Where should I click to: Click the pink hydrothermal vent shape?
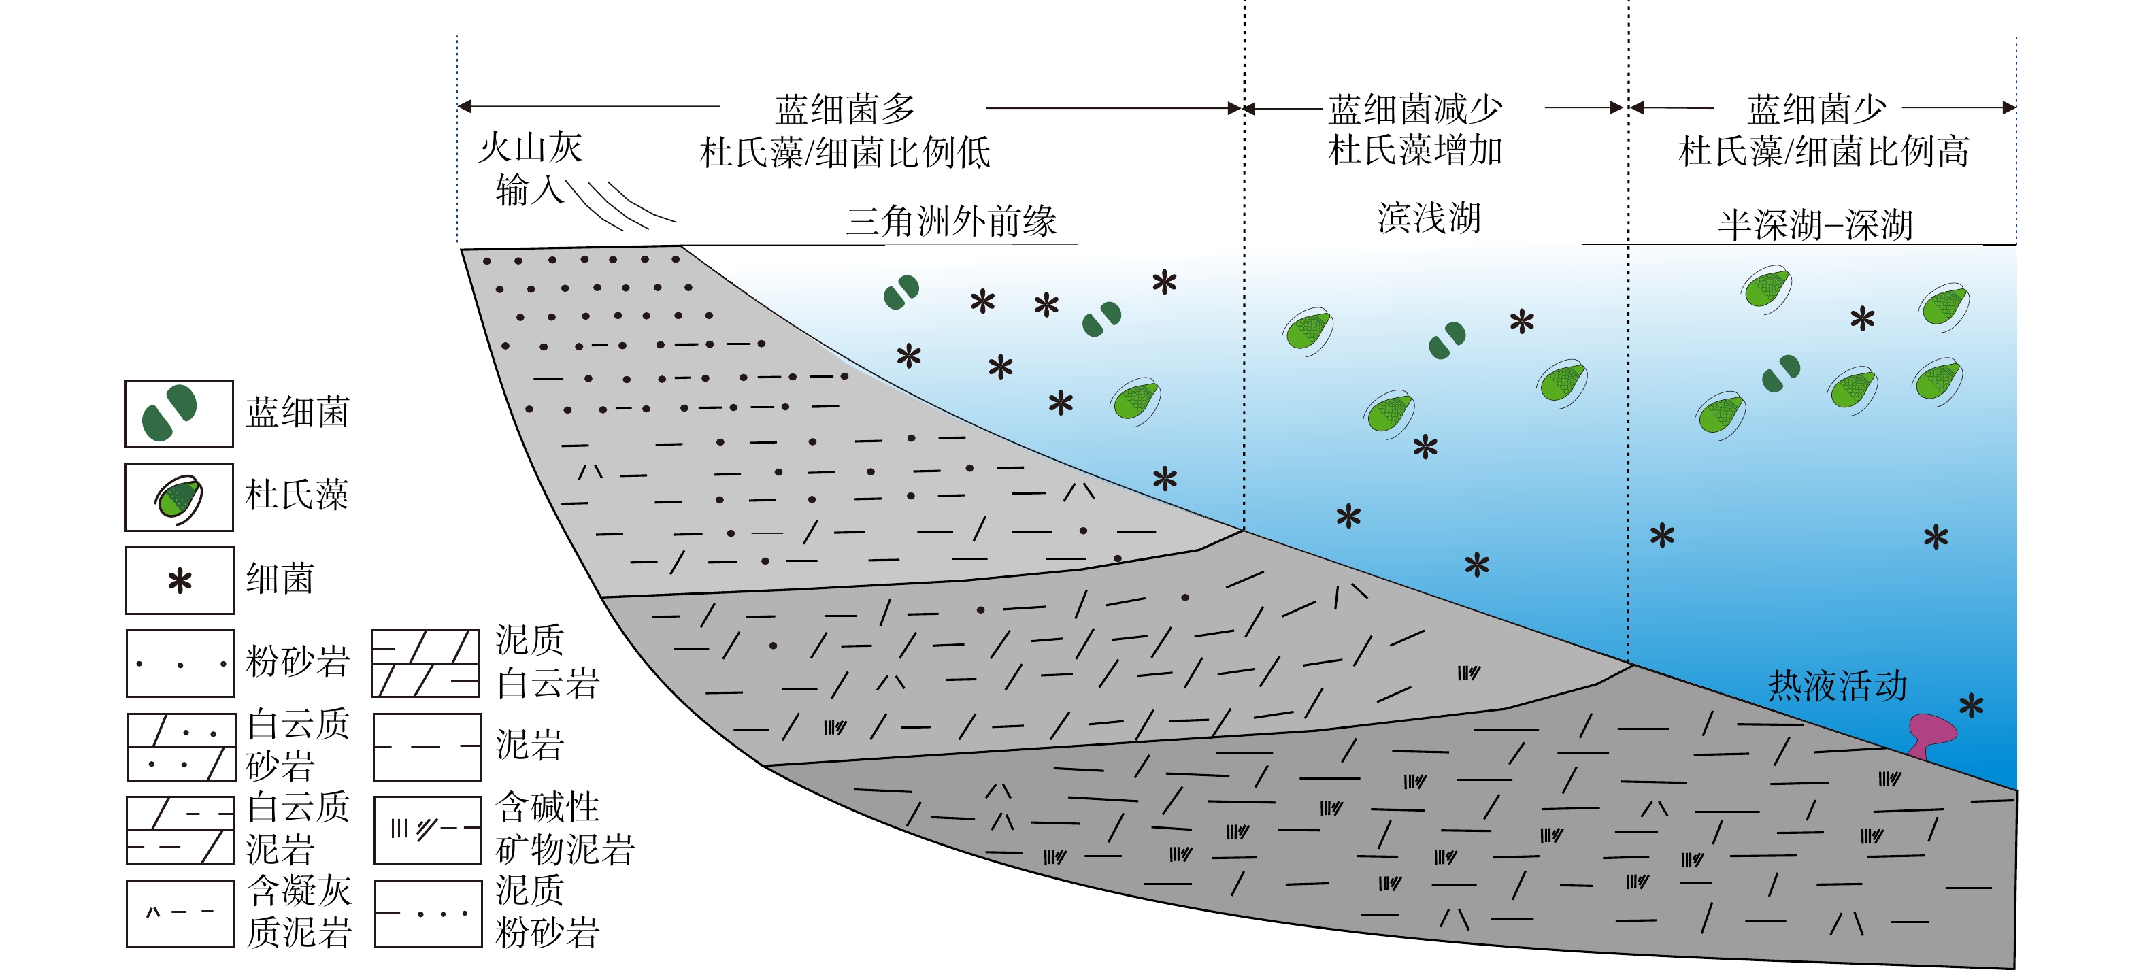(1931, 733)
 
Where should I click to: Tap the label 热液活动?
(1837, 686)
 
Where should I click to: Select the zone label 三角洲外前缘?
(951, 221)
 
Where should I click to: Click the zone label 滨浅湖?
(1429, 218)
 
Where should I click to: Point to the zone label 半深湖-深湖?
(1815, 224)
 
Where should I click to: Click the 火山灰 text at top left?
(530, 148)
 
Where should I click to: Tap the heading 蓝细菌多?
(844, 109)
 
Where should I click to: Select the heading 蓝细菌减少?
(1415, 109)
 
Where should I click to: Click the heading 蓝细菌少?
(1816, 109)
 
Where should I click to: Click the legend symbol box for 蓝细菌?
(179, 414)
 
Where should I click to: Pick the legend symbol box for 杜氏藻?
(179, 497)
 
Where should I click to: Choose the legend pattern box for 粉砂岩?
(180, 664)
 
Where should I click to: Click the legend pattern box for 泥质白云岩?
(426, 664)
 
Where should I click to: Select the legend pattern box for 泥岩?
(427, 747)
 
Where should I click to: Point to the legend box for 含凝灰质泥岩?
(180, 914)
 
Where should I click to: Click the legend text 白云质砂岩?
(299, 745)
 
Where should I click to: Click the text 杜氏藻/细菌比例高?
(1823, 152)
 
